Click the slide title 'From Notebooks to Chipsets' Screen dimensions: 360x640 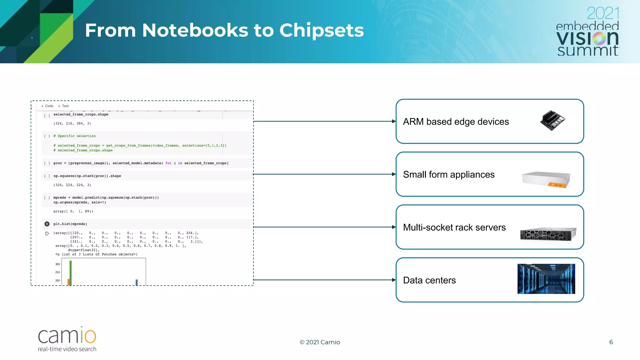tap(224, 30)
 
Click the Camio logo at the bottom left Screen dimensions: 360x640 tap(67, 339)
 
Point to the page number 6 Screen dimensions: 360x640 tap(611, 342)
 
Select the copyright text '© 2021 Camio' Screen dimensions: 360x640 tap(320, 342)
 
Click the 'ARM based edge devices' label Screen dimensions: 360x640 tap(456, 122)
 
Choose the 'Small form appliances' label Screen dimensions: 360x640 tap(448, 174)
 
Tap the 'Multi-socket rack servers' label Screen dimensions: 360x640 tap(454, 227)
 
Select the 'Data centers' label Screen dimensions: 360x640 tap(429, 280)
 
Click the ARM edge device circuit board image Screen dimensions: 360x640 tap(552, 120)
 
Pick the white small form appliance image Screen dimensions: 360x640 tap(546, 179)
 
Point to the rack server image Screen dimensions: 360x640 tap(548, 234)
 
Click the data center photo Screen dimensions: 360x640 tap(546, 279)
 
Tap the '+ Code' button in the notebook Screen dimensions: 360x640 tap(47, 106)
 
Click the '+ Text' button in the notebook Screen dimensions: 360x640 tap(63, 106)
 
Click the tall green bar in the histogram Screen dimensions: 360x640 tap(71, 272)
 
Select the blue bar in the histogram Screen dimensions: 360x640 tap(137, 282)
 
